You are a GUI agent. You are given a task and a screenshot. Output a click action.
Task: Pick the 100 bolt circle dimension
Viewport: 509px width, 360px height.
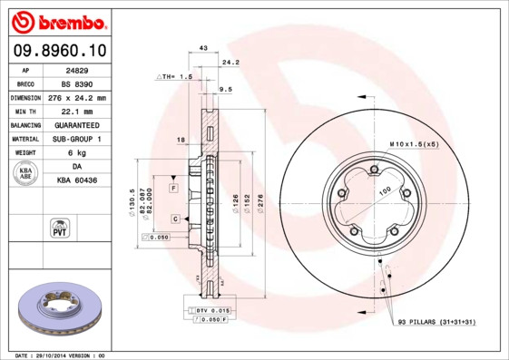[385, 190]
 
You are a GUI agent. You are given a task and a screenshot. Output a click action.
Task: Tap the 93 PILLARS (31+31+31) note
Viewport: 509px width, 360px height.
[436, 322]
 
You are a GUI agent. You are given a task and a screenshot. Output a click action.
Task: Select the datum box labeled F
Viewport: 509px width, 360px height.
[173, 187]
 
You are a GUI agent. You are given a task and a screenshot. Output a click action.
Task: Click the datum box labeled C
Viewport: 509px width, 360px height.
[174, 219]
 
